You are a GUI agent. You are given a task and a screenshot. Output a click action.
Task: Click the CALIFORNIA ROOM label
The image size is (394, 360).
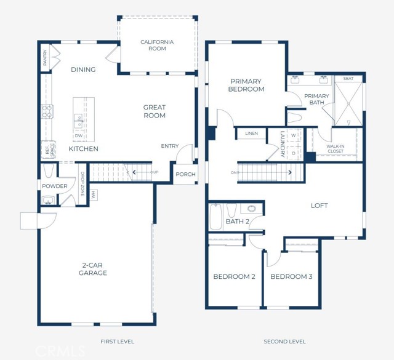[x=157, y=45]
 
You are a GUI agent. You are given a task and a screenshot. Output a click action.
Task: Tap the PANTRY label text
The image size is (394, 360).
[x=45, y=58]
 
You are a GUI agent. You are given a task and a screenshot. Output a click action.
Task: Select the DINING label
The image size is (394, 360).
[x=83, y=70]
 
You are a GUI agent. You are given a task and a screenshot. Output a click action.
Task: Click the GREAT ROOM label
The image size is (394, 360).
[x=155, y=111]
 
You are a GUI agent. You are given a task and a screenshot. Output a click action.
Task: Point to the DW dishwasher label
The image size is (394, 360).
[x=79, y=136]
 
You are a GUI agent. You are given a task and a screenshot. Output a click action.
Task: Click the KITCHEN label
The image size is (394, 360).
[x=83, y=149]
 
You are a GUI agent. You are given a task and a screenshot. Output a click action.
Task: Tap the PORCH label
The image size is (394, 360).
[x=185, y=174]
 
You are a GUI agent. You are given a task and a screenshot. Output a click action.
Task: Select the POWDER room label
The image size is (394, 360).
[x=55, y=186]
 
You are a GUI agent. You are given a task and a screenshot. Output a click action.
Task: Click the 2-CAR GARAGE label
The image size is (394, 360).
[x=93, y=269]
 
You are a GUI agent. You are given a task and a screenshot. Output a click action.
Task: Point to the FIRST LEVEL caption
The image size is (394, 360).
[x=117, y=342]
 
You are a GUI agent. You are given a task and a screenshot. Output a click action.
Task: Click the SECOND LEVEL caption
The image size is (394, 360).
[x=284, y=342]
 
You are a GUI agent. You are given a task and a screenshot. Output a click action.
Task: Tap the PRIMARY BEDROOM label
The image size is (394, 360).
[x=247, y=85]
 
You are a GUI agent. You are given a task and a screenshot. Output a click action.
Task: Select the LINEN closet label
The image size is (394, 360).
[x=251, y=134]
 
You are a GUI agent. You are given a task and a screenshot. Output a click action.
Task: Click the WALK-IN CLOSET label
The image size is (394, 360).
[x=336, y=148]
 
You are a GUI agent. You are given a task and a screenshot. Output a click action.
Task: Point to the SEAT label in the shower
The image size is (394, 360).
[x=348, y=79]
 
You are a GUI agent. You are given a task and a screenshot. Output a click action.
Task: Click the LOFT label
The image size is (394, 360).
[x=319, y=206]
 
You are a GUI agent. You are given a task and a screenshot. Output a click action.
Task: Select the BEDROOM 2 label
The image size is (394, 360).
[x=234, y=277]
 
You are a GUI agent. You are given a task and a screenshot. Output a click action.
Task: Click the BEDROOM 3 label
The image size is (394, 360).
[x=291, y=277]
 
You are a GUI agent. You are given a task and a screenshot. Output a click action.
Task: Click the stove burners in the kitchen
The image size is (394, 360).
[x=47, y=111]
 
